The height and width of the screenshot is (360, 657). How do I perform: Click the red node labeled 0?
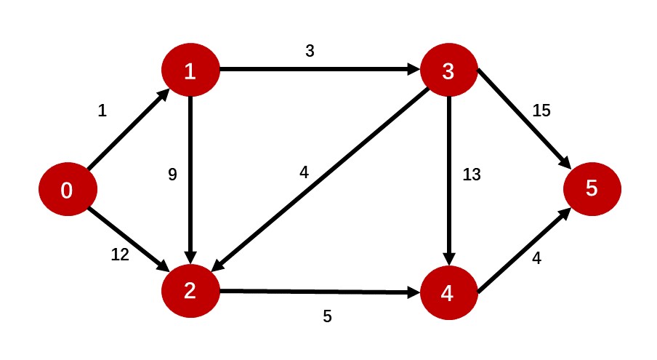click(67, 191)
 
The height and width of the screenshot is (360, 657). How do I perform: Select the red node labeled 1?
click(190, 71)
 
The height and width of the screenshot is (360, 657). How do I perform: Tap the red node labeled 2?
click(190, 292)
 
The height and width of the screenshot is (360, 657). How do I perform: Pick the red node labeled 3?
click(448, 71)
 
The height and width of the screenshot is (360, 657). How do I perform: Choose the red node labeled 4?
click(448, 293)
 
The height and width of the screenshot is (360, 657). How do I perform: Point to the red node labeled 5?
click(592, 189)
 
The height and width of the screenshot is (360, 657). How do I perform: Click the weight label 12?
click(119, 255)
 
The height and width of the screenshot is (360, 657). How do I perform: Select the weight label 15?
click(541, 111)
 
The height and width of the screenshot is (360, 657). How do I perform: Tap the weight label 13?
click(472, 175)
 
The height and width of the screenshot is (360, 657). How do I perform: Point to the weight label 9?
click(172, 175)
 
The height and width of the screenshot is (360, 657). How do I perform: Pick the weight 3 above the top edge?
click(311, 52)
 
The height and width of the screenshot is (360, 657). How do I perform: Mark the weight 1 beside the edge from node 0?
click(102, 111)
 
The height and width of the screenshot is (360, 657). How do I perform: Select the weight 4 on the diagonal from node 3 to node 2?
click(304, 174)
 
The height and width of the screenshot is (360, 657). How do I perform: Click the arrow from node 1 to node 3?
click(320, 71)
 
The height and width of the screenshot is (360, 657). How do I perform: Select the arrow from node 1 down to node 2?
click(190, 182)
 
